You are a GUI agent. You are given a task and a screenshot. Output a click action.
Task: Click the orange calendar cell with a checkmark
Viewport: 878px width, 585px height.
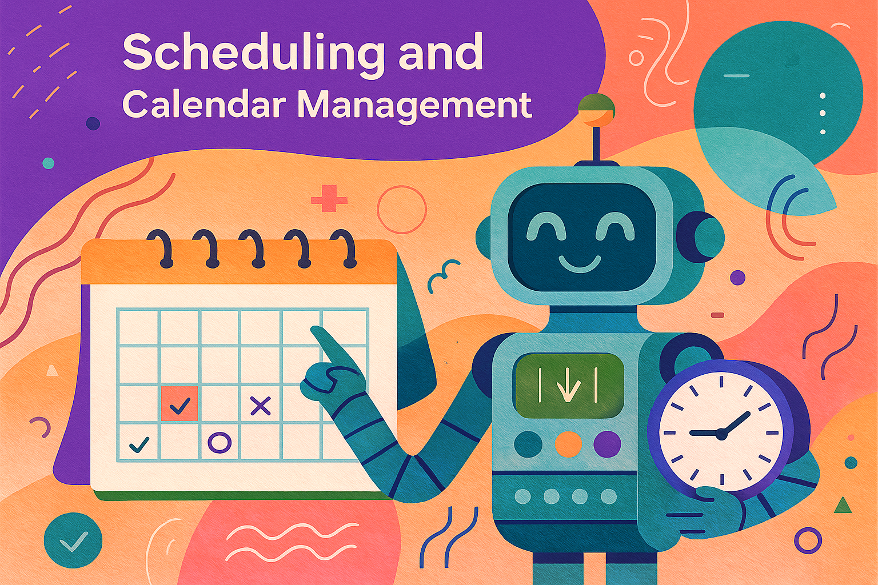coord(179,403)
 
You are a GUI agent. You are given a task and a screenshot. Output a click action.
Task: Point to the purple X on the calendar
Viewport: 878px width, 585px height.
coord(261,406)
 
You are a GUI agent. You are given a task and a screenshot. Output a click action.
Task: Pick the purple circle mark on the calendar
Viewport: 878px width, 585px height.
coord(219,442)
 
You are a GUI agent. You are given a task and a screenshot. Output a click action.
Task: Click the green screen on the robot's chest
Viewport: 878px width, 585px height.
coord(569,386)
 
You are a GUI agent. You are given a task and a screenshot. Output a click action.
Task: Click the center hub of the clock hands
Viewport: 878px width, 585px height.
coord(721,434)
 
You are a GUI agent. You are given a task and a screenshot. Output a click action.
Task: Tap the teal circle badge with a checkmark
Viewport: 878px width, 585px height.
coord(73,540)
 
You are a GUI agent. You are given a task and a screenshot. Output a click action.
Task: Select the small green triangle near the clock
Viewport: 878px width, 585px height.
coord(843,506)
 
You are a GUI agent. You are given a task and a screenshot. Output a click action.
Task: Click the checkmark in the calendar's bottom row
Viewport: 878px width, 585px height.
coord(139,444)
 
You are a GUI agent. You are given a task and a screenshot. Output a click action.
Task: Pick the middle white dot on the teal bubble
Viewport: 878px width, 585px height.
coord(823,113)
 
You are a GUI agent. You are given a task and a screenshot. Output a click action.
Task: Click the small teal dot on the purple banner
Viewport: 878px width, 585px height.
coord(48,163)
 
